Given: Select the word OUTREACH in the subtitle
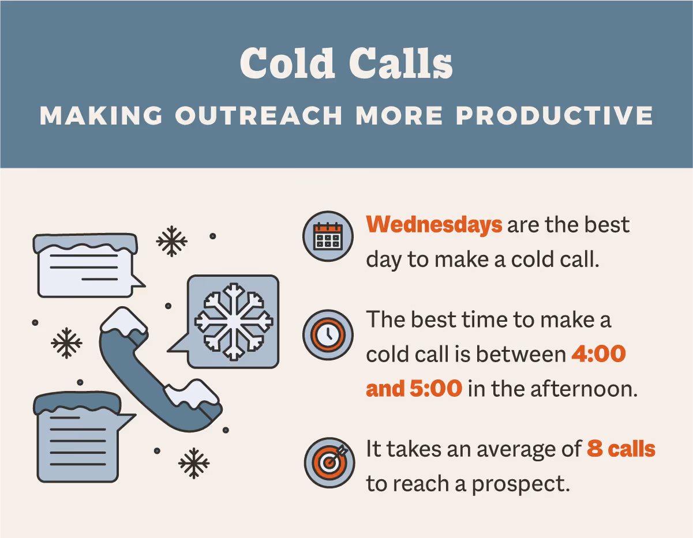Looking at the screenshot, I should [x=259, y=116].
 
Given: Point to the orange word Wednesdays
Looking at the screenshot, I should [x=434, y=224].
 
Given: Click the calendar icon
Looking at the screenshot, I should [x=327, y=236].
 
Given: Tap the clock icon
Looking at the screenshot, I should [x=327, y=334].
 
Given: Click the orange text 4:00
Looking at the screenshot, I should [x=598, y=354].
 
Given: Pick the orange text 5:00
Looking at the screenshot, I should [x=436, y=389].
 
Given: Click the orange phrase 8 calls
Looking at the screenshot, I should [x=621, y=448].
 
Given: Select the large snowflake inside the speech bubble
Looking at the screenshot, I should [x=233, y=320].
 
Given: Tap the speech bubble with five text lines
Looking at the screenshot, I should [x=78, y=438].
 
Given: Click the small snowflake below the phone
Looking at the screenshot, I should [x=193, y=462].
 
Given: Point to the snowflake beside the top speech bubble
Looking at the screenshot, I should [x=172, y=241].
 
